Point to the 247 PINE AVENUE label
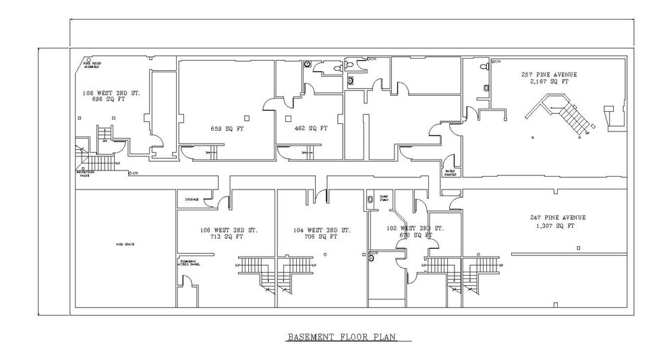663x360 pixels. click(x=558, y=218)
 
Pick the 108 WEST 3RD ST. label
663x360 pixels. click(x=111, y=93)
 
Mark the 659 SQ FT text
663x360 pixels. click(x=226, y=128)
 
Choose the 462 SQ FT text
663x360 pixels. click(x=311, y=128)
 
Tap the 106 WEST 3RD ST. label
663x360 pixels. click(x=228, y=230)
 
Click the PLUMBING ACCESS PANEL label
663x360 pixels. click(x=190, y=262)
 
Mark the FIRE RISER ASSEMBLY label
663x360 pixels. click(x=92, y=65)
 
